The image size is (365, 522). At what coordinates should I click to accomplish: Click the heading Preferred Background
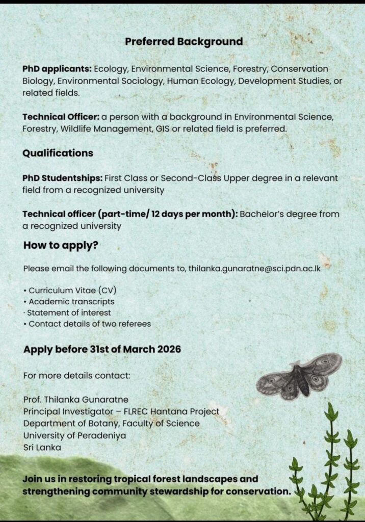tap(184, 42)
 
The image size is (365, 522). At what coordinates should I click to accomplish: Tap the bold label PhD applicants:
tap(57, 68)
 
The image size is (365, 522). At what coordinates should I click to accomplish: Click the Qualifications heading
tap(58, 153)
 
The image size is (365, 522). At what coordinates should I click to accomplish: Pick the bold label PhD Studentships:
tap(62, 178)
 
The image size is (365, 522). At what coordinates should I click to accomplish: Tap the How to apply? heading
tap(61, 245)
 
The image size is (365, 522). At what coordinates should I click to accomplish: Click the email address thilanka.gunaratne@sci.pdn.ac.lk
tap(254, 268)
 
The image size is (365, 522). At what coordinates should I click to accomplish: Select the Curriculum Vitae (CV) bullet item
tap(72, 291)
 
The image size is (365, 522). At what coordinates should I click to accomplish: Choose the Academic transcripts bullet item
tap(71, 302)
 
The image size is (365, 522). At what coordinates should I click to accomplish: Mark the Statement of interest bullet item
tap(69, 312)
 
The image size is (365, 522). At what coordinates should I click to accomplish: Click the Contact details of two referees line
tap(90, 323)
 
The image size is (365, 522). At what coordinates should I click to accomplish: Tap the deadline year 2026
tap(167, 350)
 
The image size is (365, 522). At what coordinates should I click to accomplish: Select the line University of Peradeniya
tap(74, 435)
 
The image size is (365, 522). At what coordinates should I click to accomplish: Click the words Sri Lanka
tap(41, 448)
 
